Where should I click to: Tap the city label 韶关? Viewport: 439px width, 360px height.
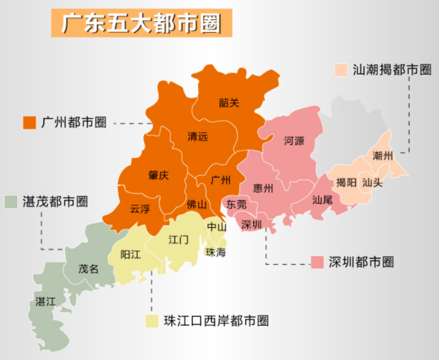(229, 103)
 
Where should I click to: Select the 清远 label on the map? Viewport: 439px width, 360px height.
(198, 136)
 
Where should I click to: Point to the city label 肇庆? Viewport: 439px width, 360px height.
(158, 175)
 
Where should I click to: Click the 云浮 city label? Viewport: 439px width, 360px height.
(140, 209)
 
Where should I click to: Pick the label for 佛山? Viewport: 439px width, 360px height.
(197, 205)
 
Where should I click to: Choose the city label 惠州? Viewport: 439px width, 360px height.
(263, 188)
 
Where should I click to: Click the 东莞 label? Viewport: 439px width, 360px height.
(237, 205)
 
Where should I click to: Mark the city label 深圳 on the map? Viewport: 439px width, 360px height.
(251, 225)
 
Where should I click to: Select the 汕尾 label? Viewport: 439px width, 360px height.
(322, 201)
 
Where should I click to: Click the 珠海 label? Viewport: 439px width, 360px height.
(216, 252)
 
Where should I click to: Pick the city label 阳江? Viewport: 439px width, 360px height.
(130, 254)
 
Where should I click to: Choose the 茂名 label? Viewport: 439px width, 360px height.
(88, 269)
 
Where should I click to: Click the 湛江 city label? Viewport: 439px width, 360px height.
(46, 301)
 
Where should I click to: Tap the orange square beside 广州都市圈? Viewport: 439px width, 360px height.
(29, 123)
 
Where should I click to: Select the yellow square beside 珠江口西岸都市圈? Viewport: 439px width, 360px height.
(152, 320)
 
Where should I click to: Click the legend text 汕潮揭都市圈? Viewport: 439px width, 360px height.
(391, 70)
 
